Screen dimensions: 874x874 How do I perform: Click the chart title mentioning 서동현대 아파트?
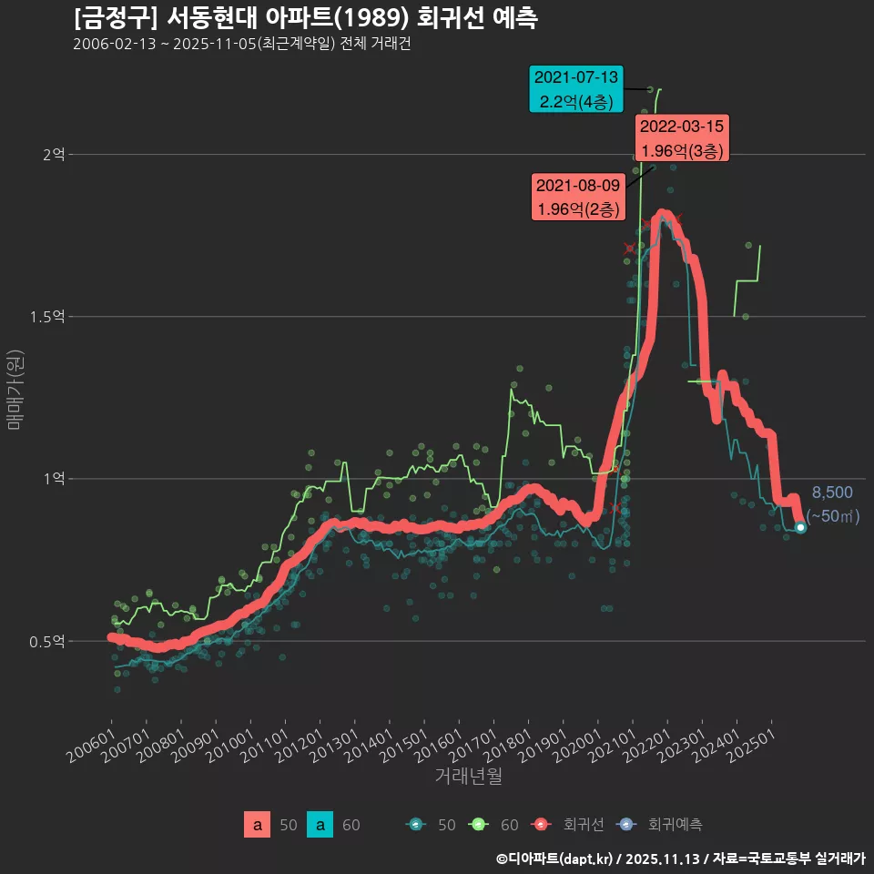point(305,17)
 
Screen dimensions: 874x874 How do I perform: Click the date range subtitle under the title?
point(241,44)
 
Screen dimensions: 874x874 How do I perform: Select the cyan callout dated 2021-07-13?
point(576,89)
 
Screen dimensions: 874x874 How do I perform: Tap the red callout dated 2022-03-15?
point(682,138)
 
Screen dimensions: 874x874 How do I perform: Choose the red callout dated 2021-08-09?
point(578,198)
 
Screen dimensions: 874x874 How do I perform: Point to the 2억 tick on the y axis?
point(53,155)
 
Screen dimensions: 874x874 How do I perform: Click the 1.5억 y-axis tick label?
point(46,317)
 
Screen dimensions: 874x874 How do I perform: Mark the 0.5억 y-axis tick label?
point(46,641)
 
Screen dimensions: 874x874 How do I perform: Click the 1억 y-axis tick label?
point(53,479)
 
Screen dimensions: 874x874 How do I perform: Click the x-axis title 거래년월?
point(468,776)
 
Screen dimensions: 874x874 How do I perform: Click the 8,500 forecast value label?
point(832,493)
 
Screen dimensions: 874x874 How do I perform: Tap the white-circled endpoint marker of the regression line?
point(800,527)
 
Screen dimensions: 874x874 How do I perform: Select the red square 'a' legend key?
point(258,825)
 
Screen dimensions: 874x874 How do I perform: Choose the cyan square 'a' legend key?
point(320,825)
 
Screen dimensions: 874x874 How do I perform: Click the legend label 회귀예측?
point(675,825)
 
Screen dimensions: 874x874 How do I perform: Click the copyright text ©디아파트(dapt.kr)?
point(554,858)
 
